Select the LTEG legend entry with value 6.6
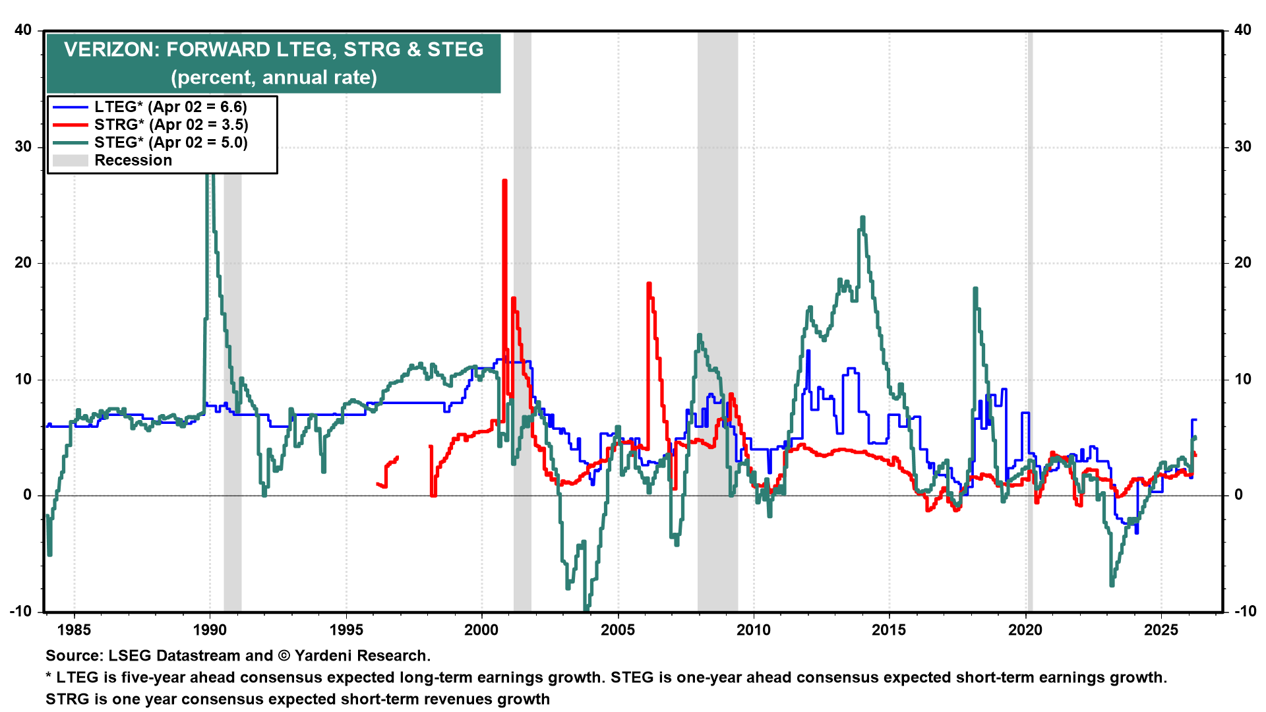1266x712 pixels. click(x=170, y=107)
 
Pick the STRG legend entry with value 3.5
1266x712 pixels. click(x=171, y=125)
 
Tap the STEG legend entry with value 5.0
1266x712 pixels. click(x=171, y=142)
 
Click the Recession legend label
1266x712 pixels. click(x=133, y=160)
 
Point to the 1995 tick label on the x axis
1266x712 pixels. click(x=346, y=630)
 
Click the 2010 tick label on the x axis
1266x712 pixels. click(x=754, y=630)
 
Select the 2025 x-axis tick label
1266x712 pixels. click(x=1161, y=630)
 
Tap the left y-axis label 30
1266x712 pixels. click(x=24, y=146)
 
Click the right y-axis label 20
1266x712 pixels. click(x=1242, y=263)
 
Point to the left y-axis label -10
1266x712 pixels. click(x=21, y=611)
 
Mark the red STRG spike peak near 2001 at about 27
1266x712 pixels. click(x=504, y=181)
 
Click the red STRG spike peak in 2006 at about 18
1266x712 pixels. click(x=649, y=284)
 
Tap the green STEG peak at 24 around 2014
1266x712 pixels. click(x=862, y=218)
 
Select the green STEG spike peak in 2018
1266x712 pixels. click(x=975, y=289)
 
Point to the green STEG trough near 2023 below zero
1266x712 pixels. click(x=1112, y=584)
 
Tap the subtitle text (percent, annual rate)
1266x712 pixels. click(x=274, y=77)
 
